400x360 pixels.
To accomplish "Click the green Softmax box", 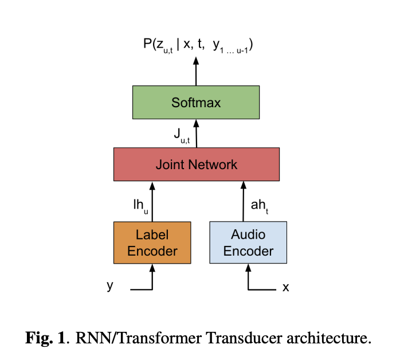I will click(195, 103).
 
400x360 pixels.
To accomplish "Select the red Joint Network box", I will click(196, 165).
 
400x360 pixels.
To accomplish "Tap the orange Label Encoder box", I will click(152, 242).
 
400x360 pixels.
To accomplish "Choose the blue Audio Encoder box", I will click(248, 242).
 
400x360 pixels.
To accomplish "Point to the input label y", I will click(110, 285).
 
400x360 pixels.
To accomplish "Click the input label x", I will click(285, 287).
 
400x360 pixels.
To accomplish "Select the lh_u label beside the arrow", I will click(140, 205).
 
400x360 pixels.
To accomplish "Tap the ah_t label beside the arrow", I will click(258, 205).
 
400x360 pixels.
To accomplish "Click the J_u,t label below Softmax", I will click(182, 136).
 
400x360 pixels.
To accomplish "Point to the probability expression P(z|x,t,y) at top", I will click(198, 45).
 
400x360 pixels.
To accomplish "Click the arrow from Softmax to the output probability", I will click(196, 71).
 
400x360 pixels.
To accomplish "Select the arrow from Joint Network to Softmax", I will click(196, 133).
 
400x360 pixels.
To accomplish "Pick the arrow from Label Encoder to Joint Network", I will click(152, 200).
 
